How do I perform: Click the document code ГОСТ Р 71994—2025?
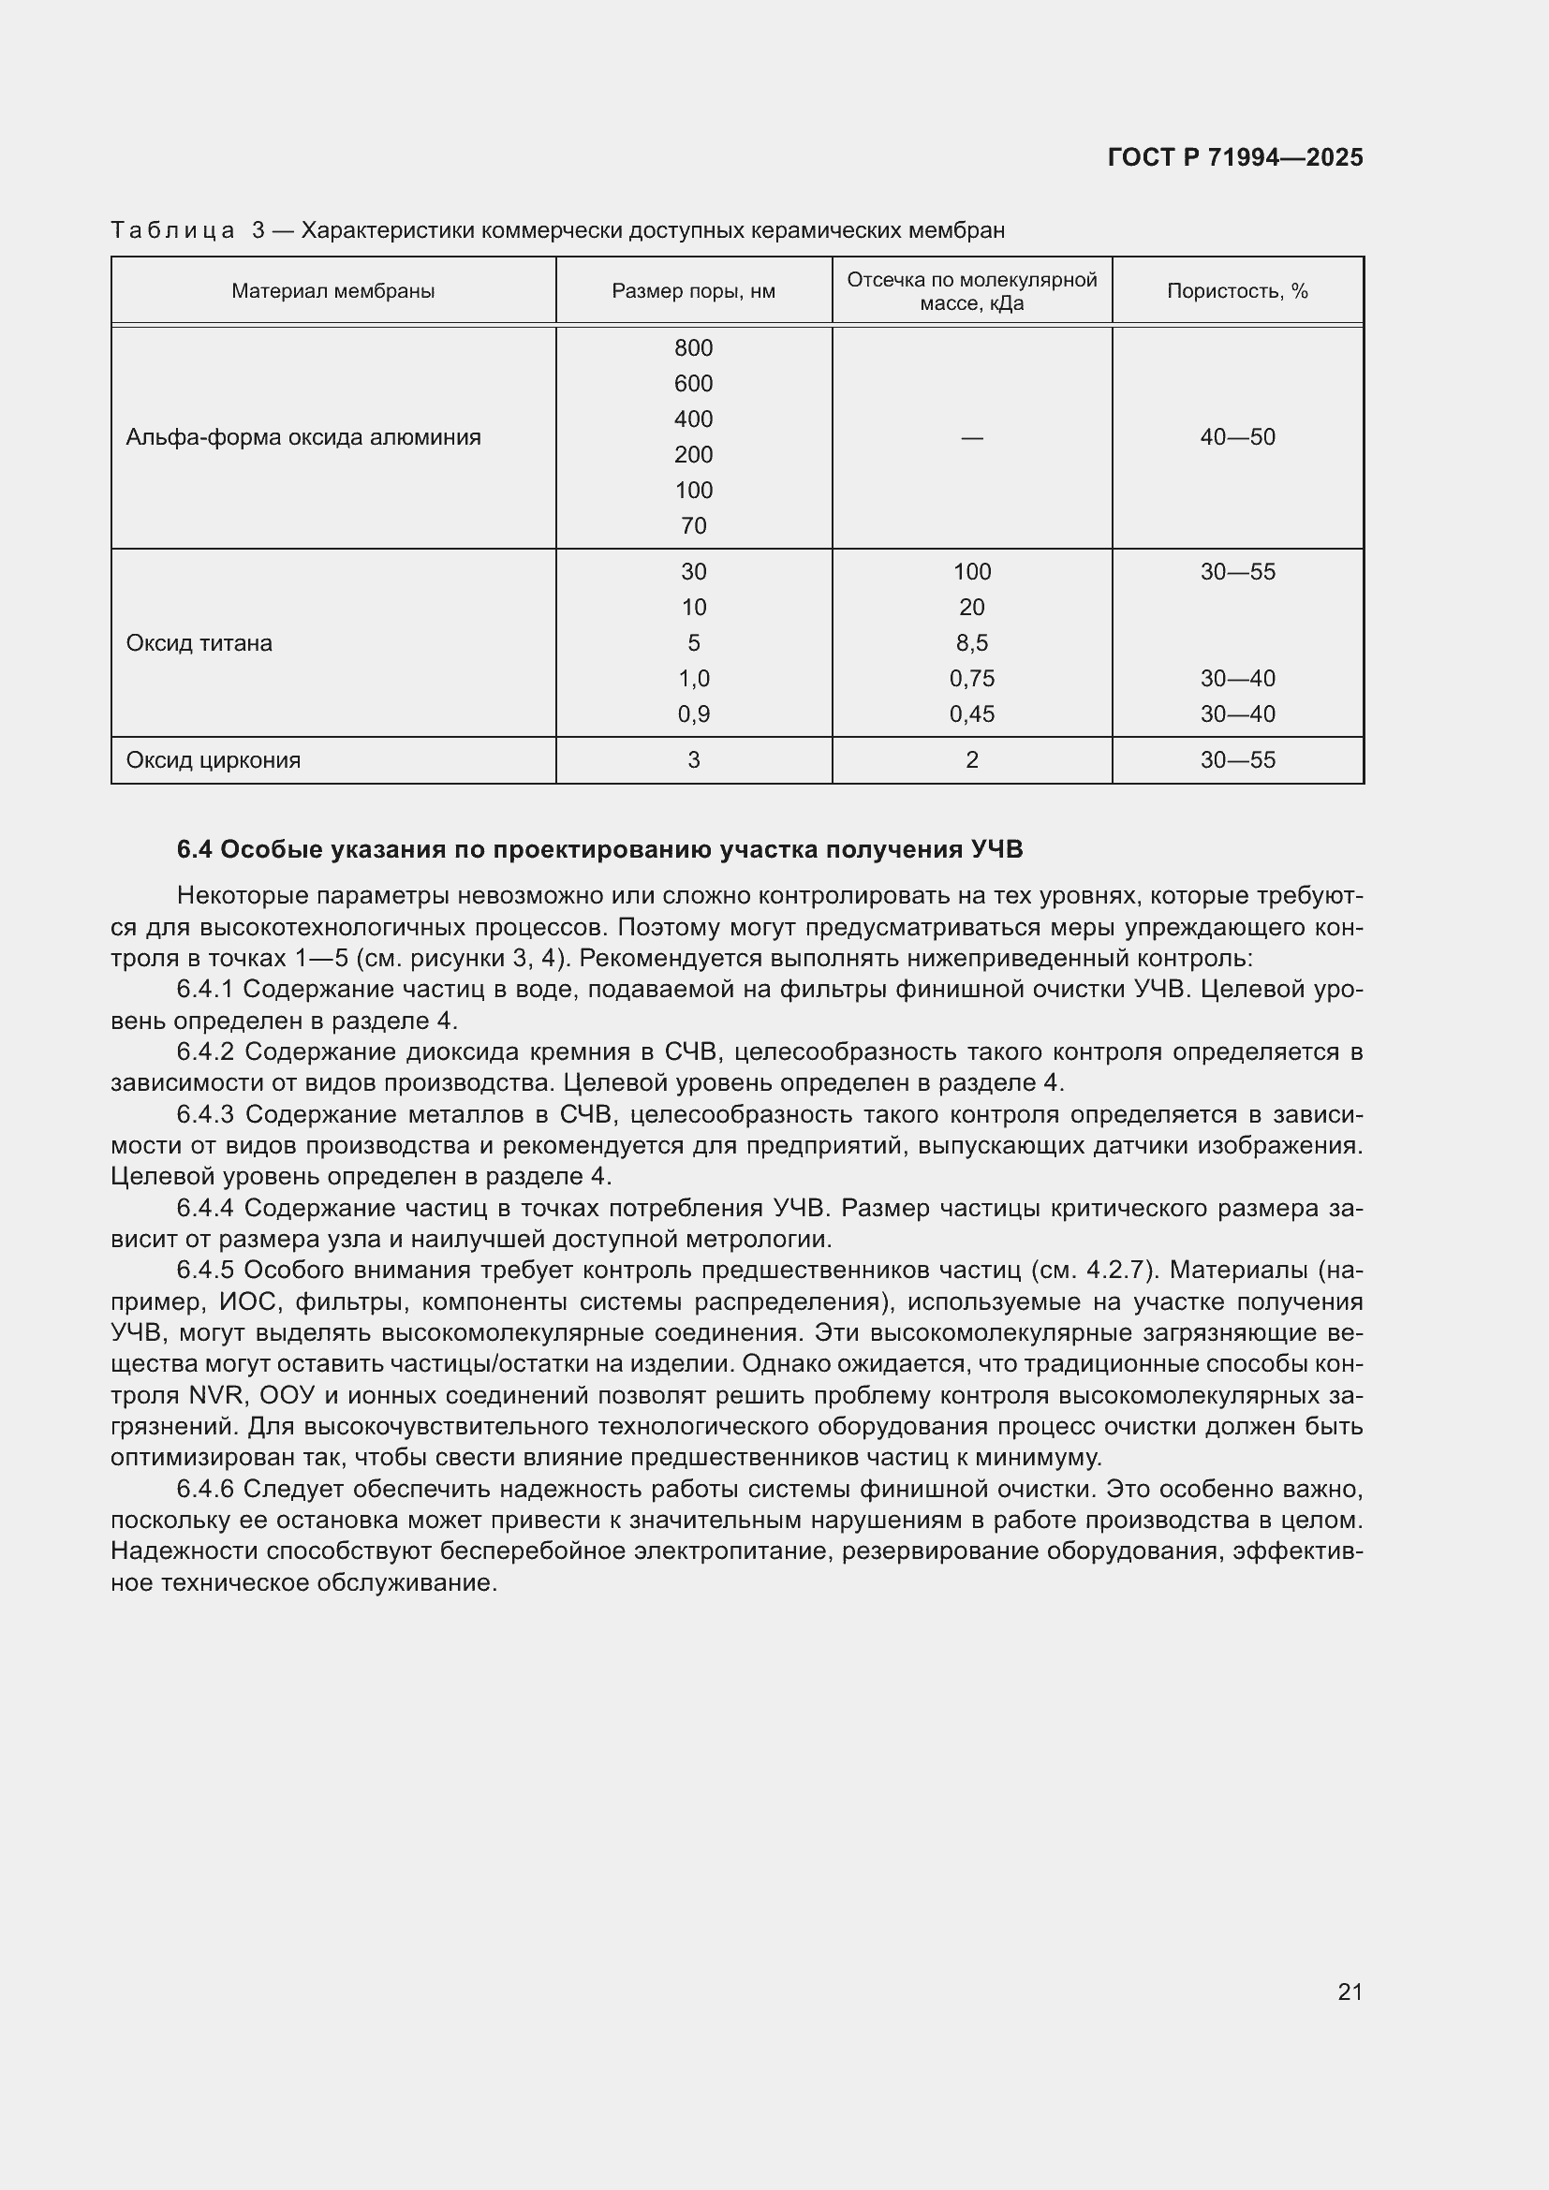tap(1234, 157)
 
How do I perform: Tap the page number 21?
tap(1350, 1992)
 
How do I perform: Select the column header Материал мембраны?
tap(332, 291)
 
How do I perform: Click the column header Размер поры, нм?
tap(693, 291)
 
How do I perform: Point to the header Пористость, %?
tap(1237, 291)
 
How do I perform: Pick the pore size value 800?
tap(693, 348)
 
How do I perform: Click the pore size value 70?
tap(693, 525)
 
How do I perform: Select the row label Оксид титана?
tap(199, 643)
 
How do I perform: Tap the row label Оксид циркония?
tap(214, 760)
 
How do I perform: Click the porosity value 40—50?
tap(1237, 437)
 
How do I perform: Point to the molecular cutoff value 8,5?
tap(972, 643)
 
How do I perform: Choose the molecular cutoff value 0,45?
tap(972, 714)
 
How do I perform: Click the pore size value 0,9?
tap(693, 714)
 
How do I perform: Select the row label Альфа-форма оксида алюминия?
tap(303, 437)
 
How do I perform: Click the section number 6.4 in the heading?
tap(195, 849)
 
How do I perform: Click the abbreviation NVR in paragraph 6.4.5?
tap(217, 1395)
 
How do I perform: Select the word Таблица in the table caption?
tap(172, 230)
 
